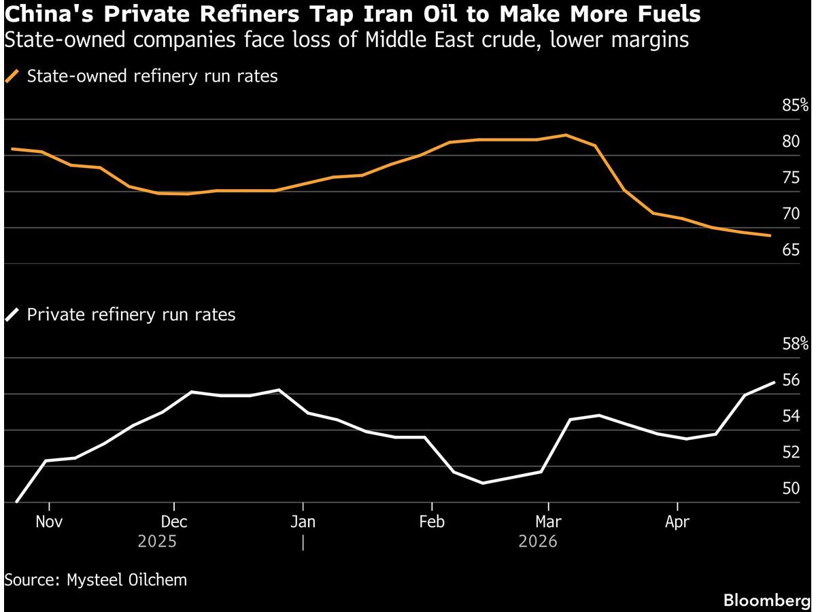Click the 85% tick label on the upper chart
pos(795,105)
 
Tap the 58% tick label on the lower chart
pos(795,344)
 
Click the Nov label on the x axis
pos(49,522)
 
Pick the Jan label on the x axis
pos(303,522)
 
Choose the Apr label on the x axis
pos(677,522)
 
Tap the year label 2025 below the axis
pos(158,542)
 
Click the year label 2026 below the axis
pos(538,542)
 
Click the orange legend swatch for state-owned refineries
pos(12,76)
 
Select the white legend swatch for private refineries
pos(12,315)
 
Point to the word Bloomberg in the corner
pos(767,600)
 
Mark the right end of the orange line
pos(770,236)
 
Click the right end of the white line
pos(774,382)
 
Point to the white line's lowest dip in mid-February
pos(482,483)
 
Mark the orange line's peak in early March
pos(566,135)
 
